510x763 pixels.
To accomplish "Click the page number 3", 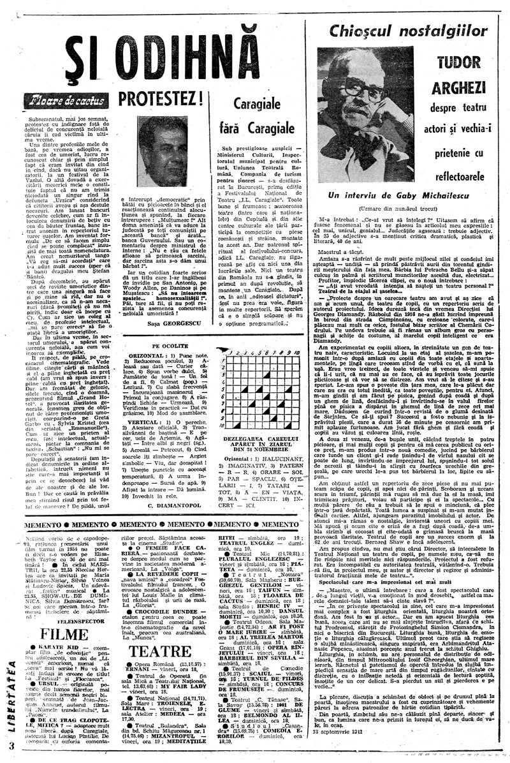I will click(x=11, y=745).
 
